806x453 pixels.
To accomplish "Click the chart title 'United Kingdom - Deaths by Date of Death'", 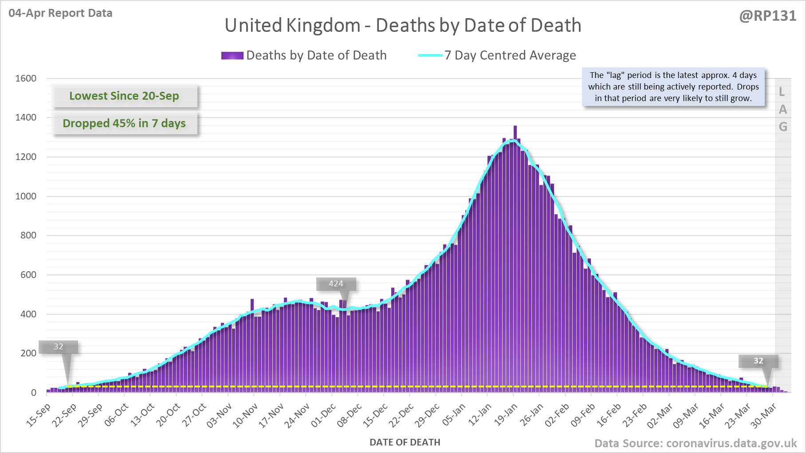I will click(403, 25).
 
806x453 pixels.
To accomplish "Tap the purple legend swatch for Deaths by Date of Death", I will click(232, 55).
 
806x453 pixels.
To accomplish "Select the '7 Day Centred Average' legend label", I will click(510, 55).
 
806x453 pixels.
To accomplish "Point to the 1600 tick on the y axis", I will click(26, 78).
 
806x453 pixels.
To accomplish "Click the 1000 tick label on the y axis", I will click(26, 196).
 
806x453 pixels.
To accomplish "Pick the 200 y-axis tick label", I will click(28, 353).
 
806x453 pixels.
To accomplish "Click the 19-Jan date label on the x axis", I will click(506, 414).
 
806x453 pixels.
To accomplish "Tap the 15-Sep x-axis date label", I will click(39, 415).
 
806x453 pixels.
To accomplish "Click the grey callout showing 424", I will click(336, 284).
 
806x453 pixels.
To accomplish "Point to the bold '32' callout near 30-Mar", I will click(758, 361).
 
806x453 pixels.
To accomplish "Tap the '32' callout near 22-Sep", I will click(59, 347).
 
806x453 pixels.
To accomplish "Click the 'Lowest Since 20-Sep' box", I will click(124, 96).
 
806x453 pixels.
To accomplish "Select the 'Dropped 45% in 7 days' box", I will click(124, 123).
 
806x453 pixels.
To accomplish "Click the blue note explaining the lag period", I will click(673, 87).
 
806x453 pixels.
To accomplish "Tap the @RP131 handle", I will click(767, 16).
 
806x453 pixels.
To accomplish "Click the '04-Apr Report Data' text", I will click(60, 13).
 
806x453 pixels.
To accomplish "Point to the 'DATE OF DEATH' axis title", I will click(405, 442).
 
